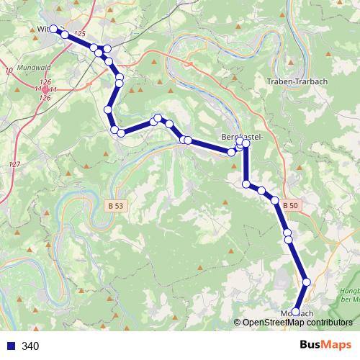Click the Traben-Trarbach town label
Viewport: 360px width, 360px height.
pos(297,81)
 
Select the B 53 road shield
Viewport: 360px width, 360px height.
pos(114,205)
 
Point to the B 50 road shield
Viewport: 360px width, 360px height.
pos(289,206)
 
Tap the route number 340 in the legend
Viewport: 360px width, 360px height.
pos(30,346)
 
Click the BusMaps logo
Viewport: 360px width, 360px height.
pos(326,345)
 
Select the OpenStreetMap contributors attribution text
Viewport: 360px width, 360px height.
pos(297,323)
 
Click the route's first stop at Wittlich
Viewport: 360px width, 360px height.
pos(53,30)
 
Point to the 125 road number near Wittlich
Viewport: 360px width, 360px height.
pos(79,35)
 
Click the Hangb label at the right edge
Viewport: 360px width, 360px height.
pos(349,291)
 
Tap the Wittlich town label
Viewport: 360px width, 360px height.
pos(45,30)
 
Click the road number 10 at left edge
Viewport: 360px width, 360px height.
pos(9,70)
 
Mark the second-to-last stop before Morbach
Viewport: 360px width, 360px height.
pos(307,282)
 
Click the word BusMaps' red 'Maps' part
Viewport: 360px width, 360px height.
pos(340,345)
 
